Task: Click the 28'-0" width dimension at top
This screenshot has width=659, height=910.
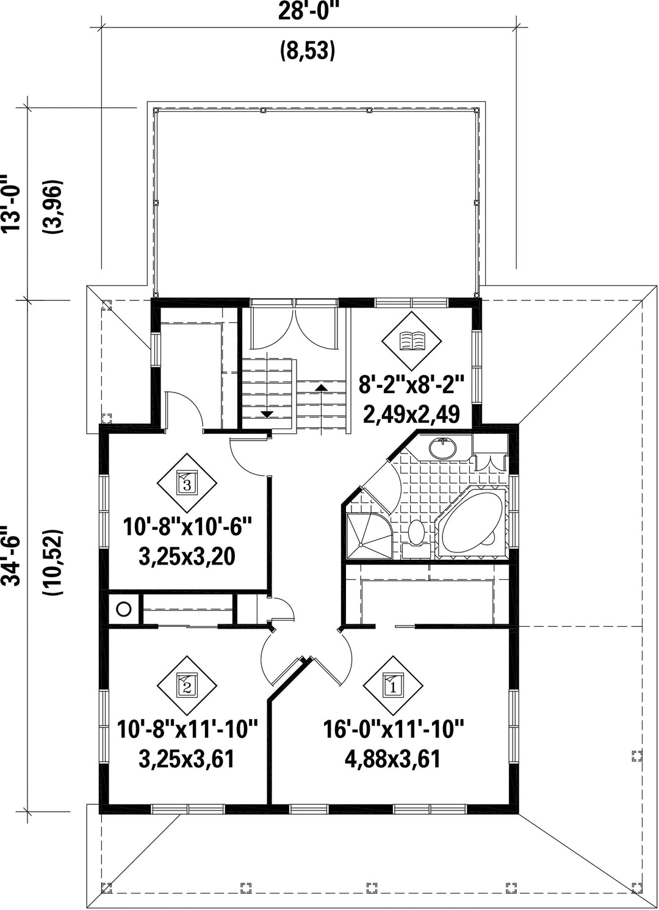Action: [x=308, y=11]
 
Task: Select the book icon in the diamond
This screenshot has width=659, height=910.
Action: [x=412, y=341]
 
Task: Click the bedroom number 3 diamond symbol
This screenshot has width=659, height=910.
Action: [x=187, y=483]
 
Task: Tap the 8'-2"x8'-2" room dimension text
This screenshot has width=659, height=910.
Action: [x=411, y=385]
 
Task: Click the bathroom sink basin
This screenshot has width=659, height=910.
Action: [x=442, y=449]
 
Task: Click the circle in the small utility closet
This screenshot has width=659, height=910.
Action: [x=124, y=609]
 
